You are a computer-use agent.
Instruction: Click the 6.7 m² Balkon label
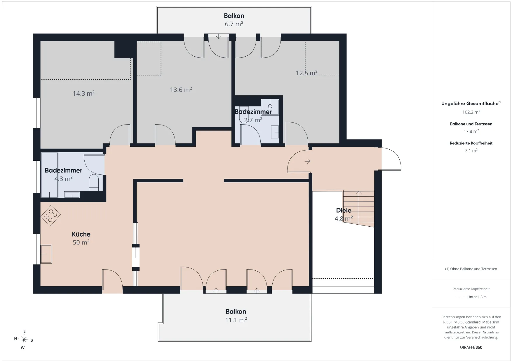click(x=234, y=16)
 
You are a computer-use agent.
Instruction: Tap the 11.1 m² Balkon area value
click(x=236, y=320)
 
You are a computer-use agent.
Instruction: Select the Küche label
click(x=81, y=234)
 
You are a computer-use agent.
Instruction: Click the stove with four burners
click(x=50, y=216)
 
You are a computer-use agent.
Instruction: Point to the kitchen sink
click(x=46, y=254)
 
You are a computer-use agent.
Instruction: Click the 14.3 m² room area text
click(x=83, y=93)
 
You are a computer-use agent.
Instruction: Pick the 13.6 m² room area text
click(x=181, y=90)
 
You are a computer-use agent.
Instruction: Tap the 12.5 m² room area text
click(x=306, y=73)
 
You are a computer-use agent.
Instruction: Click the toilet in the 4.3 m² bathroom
click(x=94, y=183)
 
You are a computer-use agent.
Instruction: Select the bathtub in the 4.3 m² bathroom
click(x=49, y=175)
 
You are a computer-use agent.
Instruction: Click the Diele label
click(x=344, y=210)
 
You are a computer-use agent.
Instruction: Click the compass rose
click(x=24, y=339)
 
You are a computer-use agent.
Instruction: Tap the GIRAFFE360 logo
click(x=471, y=347)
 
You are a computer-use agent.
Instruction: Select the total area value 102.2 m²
click(x=471, y=112)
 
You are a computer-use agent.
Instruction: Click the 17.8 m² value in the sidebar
click(x=471, y=131)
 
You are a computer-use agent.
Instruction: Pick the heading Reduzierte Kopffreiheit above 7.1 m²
click(x=471, y=143)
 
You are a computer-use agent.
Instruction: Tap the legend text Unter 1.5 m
click(x=477, y=297)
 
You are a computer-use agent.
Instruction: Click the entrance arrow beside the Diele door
click(x=307, y=161)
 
